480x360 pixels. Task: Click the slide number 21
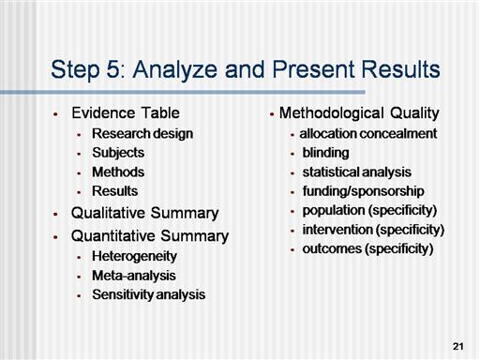point(457,346)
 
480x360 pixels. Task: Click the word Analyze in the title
point(175,69)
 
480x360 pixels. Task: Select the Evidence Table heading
point(126,112)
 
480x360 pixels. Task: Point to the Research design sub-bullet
point(142,134)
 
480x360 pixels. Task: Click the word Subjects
point(118,153)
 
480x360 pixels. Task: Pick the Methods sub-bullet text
point(118,172)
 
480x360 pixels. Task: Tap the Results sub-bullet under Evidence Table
point(115,191)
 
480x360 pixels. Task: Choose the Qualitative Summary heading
point(145,214)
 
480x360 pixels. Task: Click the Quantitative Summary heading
point(150,236)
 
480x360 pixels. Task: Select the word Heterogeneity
point(134,257)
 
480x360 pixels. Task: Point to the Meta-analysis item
point(134,276)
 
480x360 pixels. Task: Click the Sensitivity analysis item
point(149,295)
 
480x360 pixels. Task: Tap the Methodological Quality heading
point(359,113)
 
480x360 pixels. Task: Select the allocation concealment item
point(368,134)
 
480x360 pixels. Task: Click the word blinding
point(325,154)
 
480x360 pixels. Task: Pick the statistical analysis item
point(357,172)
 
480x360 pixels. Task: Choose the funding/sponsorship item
point(363,191)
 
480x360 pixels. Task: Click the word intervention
point(337,230)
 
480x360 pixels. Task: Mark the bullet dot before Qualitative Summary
point(56,215)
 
